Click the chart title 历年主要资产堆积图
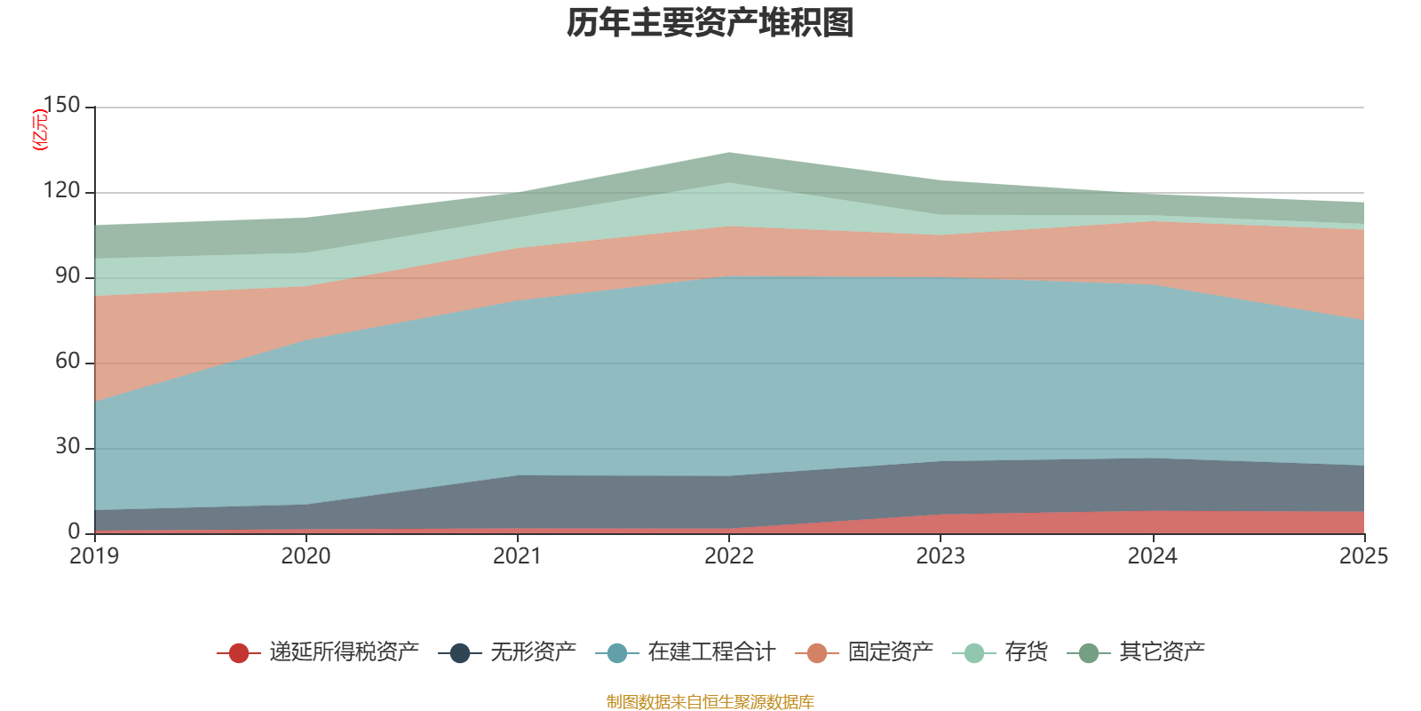(710, 23)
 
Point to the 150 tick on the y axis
(61, 105)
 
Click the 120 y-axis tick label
(61, 191)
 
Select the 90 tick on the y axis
(67, 276)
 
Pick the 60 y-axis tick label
(67, 361)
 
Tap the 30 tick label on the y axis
(67, 446)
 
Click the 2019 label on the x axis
(94, 556)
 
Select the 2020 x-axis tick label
(306, 556)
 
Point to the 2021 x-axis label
(517, 556)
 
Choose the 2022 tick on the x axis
(729, 556)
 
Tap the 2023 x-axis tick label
(941, 556)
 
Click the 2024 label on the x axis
(1152, 556)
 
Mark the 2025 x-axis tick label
(1363, 556)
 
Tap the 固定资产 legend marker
(817, 653)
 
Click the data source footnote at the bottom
(710, 702)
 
